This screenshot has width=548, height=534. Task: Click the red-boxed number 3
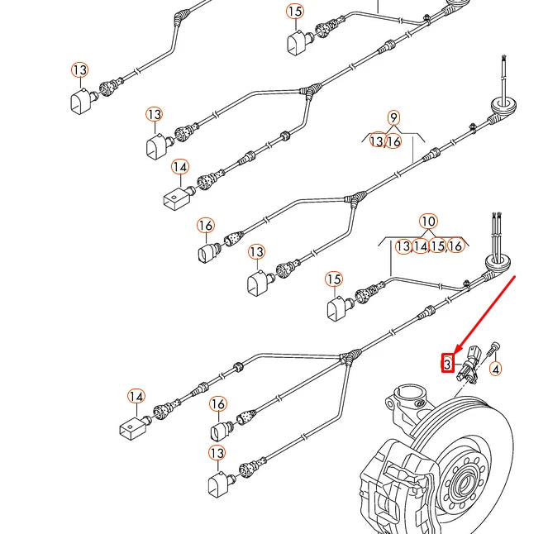tap(447, 363)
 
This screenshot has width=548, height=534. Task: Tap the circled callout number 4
tap(496, 369)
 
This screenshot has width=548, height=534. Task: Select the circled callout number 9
tap(393, 118)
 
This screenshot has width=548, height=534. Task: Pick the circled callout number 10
tap(428, 222)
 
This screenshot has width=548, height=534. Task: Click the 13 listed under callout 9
tap(377, 142)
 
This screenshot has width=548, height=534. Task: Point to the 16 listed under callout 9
tap(394, 142)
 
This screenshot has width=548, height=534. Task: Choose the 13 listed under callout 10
tap(403, 246)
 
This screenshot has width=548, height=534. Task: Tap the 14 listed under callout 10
tap(422, 246)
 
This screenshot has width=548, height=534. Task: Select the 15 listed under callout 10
tap(439, 246)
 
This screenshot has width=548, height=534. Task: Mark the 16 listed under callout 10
tap(455, 246)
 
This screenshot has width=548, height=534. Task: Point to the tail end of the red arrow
tap(515, 278)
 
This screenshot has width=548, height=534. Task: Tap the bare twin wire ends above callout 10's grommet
tap(498, 232)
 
